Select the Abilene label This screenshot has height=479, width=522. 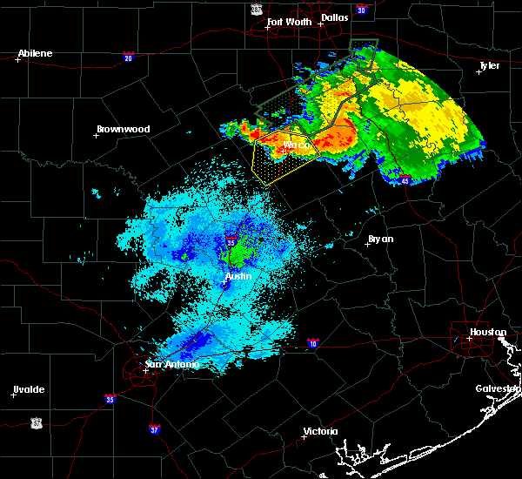(x=35, y=53)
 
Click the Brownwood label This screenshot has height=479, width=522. (x=123, y=129)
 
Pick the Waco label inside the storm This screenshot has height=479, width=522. (x=297, y=145)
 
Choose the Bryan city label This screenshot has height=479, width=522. (x=380, y=239)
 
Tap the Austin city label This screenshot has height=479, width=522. (x=238, y=276)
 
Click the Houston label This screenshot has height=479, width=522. (x=488, y=332)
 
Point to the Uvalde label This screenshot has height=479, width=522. (x=29, y=389)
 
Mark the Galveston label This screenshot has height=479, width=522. (x=497, y=388)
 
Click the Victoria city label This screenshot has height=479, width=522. (x=320, y=431)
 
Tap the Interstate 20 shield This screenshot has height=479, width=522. (x=128, y=57)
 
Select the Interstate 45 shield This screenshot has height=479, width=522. (x=406, y=180)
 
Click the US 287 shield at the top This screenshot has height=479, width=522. (x=256, y=8)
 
